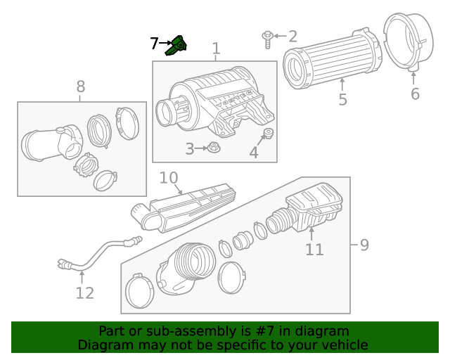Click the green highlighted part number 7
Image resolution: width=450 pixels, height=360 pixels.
tap(177, 45)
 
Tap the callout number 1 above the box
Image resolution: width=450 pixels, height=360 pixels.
tap(216, 49)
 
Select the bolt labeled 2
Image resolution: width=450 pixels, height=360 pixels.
tap(268, 38)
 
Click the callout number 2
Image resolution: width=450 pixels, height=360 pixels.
tap(292, 37)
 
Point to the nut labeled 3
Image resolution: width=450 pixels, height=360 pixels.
tap(215, 148)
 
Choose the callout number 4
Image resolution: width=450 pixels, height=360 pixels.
tap(254, 152)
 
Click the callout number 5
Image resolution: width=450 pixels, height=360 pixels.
tap(342, 100)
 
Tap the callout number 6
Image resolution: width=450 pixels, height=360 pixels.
tap(415, 94)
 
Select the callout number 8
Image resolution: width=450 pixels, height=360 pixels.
tap(81, 86)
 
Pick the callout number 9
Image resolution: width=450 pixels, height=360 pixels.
tap(364, 245)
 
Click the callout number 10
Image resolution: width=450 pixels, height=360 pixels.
tap(169, 178)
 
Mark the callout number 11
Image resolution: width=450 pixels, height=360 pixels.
tap(314, 249)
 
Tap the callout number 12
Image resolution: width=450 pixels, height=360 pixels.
tap(84, 292)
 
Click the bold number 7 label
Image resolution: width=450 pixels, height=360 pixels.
tap(155, 44)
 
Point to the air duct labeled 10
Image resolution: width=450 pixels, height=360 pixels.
tap(186, 208)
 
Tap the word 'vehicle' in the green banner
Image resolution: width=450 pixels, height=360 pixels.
tap(342, 345)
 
